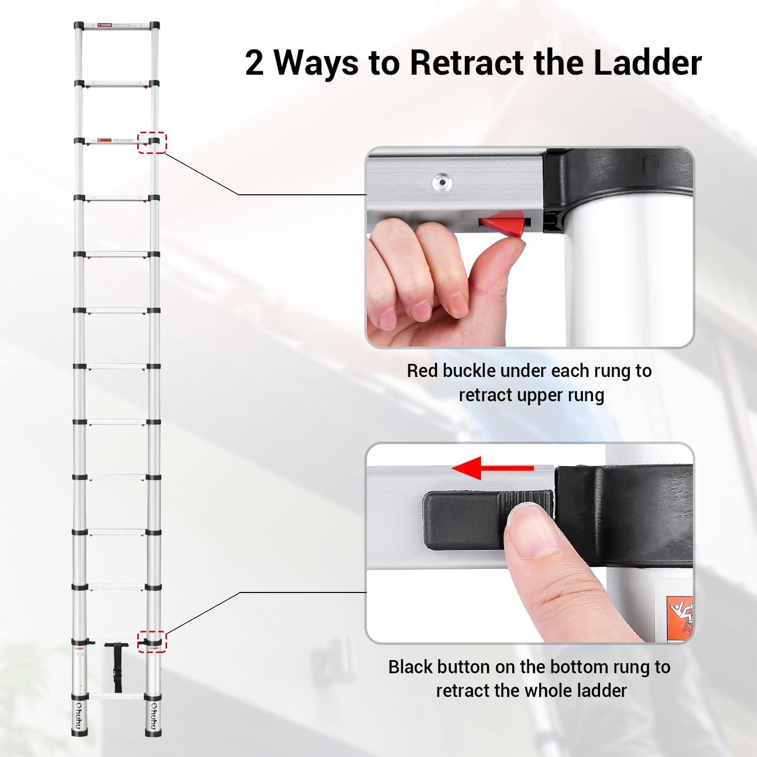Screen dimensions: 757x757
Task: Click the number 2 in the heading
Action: click(x=255, y=63)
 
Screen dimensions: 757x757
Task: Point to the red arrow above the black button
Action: click(x=493, y=468)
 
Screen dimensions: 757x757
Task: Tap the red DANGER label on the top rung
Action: click(x=105, y=25)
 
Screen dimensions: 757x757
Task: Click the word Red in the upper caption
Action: click(x=423, y=371)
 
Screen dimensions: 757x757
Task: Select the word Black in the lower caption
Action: click(x=410, y=667)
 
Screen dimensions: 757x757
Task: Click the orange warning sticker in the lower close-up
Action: click(x=679, y=618)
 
